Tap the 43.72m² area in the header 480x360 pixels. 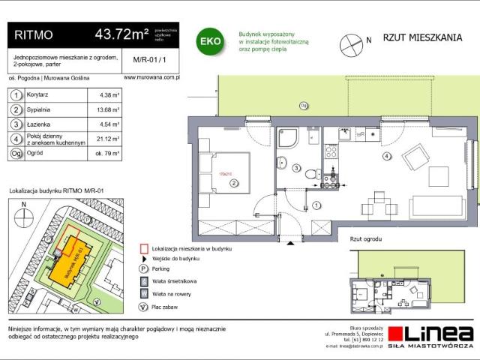point(120,34)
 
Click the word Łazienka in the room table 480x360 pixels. point(41,124)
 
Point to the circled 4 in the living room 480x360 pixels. point(386,156)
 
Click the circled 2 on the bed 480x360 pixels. point(234,182)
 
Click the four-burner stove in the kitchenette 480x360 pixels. point(331,154)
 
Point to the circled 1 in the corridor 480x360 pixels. point(317,205)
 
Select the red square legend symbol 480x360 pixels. point(142,247)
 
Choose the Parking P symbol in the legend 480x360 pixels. point(142,268)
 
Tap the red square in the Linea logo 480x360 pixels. point(396,334)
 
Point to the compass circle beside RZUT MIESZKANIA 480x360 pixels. point(350,45)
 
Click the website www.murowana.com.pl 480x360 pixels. point(149,77)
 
